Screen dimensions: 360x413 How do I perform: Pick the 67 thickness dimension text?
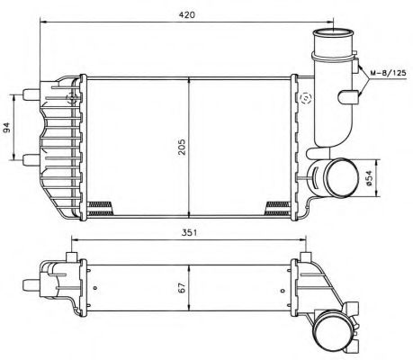point(183,288)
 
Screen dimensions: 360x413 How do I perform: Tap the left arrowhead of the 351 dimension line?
point(74,240)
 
